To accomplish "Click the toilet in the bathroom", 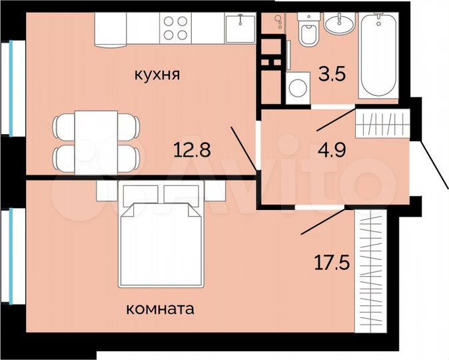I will click(x=308, y=31).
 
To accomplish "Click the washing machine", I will click(x=296, y=88).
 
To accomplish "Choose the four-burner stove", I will click(x=176, y=28).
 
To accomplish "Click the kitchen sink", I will click(x=238, y=28).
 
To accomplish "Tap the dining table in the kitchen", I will click(x=96, y=140).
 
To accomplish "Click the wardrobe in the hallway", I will click(x=382, y=124).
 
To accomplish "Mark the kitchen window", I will click(x=12, y=87).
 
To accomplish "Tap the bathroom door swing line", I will click(x=335, y=119).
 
